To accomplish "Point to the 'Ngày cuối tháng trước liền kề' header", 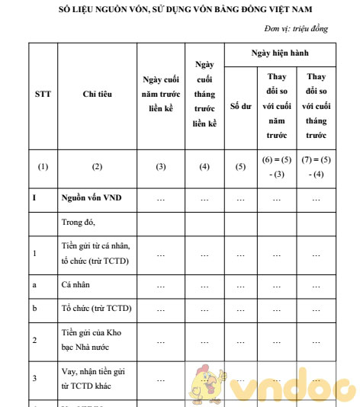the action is click(204, 94).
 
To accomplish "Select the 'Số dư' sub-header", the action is click(241, 107).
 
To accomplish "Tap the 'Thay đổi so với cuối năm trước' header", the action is click(278, 106).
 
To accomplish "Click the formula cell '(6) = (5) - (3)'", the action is click(278, 166).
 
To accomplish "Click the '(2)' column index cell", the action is click(97, 166).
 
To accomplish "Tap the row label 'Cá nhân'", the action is click(76, 286).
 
